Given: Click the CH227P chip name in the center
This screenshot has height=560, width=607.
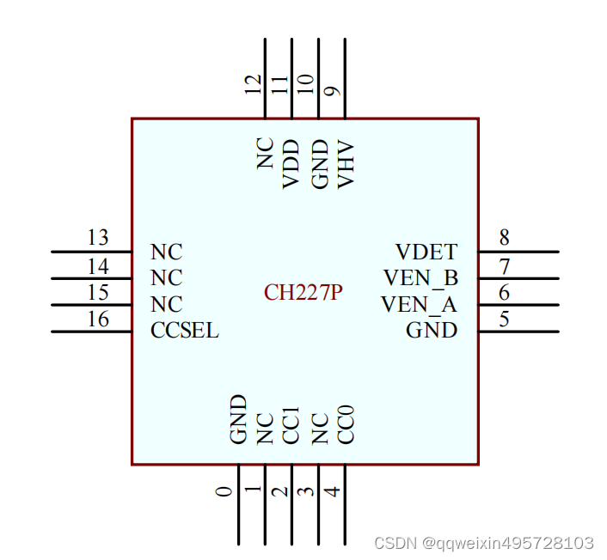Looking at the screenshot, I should click(x=303, y=293).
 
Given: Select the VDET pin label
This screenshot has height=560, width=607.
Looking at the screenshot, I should click(x=426, y=253).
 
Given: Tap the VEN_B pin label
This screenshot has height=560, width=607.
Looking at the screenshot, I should click(x=420, y=278).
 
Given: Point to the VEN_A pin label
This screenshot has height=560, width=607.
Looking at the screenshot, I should click(x=419, y=305).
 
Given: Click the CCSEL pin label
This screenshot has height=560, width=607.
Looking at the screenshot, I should click(x=185, y=331).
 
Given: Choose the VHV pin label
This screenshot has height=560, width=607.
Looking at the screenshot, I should click(x=346, y=163).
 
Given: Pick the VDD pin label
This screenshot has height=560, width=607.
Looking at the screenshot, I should click(x=291, y=164).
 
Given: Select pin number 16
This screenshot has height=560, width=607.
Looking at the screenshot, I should click(x=98, y=320).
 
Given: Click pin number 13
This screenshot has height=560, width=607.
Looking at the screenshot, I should click(x=98, y=238).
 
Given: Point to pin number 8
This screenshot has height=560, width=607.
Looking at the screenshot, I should click(x=505, y=238).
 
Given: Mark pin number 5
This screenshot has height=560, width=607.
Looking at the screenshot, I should click(x=505, y=320).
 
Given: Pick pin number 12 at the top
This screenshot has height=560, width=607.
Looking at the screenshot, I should click(x=253, y=84).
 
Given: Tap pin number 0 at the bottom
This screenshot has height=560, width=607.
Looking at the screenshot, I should click(x=224, y=491).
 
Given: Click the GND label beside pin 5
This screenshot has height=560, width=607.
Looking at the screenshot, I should click(x=432, y=331).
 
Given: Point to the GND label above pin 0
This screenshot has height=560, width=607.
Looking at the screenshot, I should click(x=238, y=419).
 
